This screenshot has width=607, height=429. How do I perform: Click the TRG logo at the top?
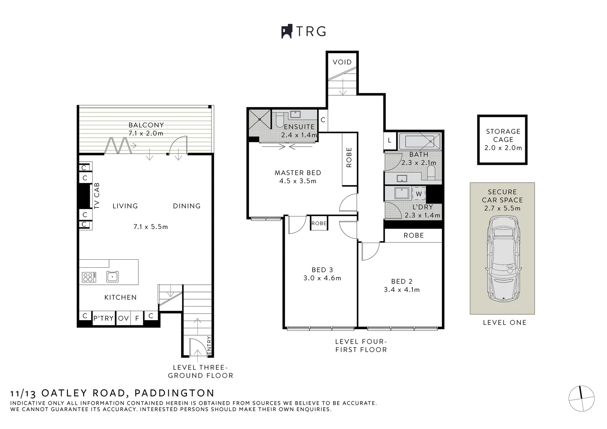(x=304, y=31)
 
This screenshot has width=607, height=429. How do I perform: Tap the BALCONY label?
(x=146, y=125)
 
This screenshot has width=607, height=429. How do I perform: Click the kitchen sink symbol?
(x=112, y=276)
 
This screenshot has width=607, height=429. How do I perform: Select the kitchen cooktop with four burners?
(x=89, y=276)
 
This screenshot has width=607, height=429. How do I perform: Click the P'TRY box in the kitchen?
(x=104, y=318)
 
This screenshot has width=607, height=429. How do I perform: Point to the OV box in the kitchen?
(x=123, y=318)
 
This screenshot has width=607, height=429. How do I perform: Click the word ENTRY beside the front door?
(x=209, y=346)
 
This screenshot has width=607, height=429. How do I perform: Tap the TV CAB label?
(x=97, y=196)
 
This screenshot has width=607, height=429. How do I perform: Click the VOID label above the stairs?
(x=342, y=62)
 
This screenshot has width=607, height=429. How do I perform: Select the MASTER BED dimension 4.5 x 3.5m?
(x=298, y=181)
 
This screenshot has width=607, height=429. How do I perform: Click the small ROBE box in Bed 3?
(x=319, y=223)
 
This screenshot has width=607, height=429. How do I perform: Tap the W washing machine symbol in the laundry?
(x=419, y=194)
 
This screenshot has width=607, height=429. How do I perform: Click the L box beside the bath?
(x=389, y=140)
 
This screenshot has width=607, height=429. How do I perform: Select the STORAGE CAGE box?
(x=503, y=139)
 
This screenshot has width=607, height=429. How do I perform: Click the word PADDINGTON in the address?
(x=174, y=393)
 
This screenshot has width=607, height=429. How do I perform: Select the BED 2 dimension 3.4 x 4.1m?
(x=401, y=290)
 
